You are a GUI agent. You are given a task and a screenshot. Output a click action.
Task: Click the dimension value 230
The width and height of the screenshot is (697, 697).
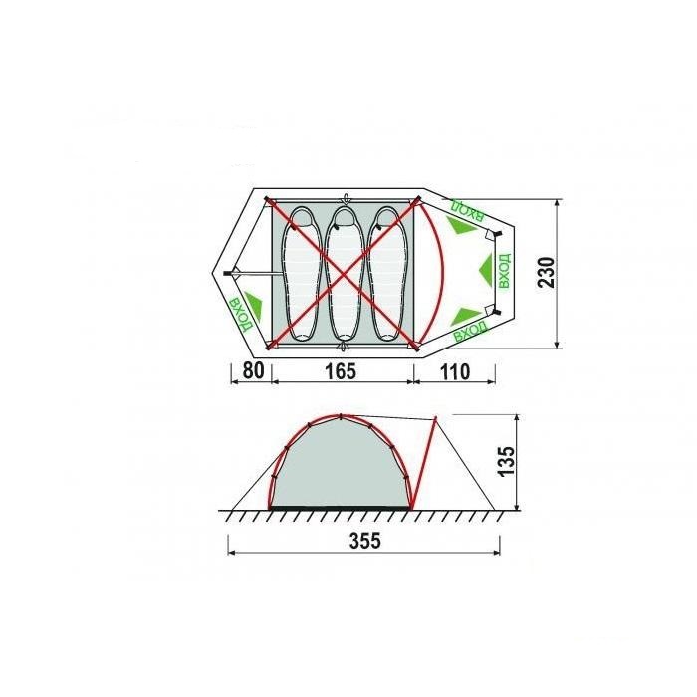[547, 273]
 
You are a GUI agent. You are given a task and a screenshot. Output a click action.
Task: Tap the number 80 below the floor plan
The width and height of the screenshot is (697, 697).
[253, 370]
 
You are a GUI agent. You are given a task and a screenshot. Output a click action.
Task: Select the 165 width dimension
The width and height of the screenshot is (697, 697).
[341, 371]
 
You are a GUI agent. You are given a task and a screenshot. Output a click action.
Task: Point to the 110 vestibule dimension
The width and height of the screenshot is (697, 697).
[455, 371]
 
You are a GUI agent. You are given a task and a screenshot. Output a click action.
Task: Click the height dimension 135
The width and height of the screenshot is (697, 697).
[507, 461]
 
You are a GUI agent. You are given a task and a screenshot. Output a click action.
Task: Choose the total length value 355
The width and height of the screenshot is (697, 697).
[365, 541]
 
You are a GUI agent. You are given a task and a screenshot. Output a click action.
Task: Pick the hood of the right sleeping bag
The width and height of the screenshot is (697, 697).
[385, 217]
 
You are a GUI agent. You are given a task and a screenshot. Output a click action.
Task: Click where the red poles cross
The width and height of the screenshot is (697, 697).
[343, 273]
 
